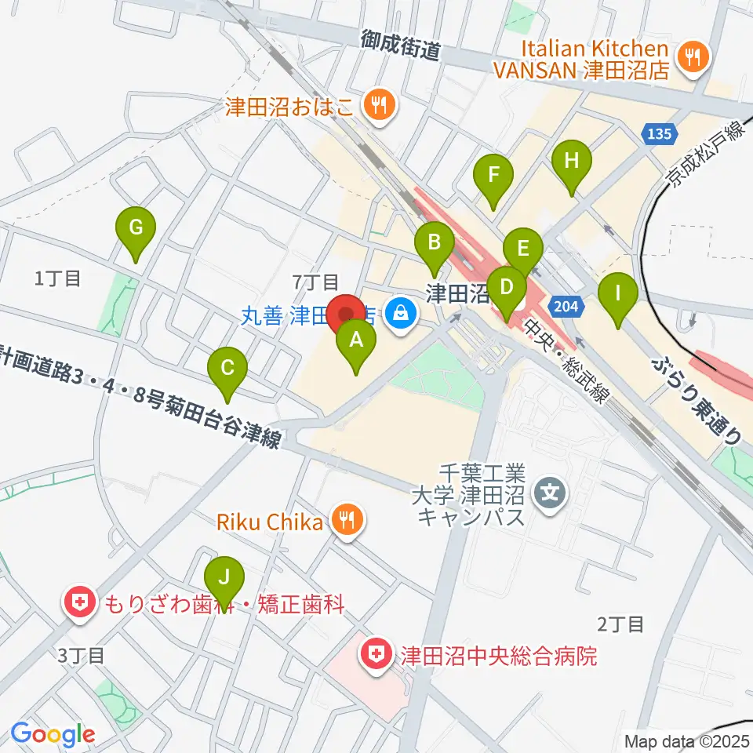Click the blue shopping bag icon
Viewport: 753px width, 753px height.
(x=401, y=313)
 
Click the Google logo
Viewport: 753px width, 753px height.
(x=53, y=734)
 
